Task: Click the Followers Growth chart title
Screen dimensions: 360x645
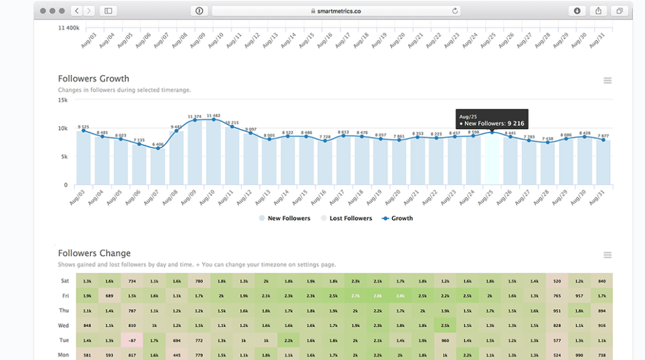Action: click(x=94, y=79)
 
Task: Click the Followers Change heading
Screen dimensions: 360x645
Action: click(x=94, y=254)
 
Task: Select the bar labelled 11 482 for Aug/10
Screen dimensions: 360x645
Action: click(x=213, y=152)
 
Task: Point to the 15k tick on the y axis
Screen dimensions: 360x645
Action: click(x=63, y=100)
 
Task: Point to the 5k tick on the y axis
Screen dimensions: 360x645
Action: click(x=64, y=157)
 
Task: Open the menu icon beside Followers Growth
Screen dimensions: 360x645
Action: click(x=607, y=81)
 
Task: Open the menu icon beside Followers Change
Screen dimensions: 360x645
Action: click(x=607, y=255)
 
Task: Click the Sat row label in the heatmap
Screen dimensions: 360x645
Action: click(x=64, y=281)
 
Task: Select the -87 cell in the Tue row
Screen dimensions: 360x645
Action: click(x=132, y=339)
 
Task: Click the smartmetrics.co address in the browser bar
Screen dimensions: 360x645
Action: click(x=333, y=11)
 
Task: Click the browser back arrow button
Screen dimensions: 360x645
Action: click(x=77, y=11)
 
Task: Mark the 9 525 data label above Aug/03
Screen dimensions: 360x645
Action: click(x=83, y=126)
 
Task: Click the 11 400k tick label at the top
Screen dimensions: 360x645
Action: click(x=68, y=28)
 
